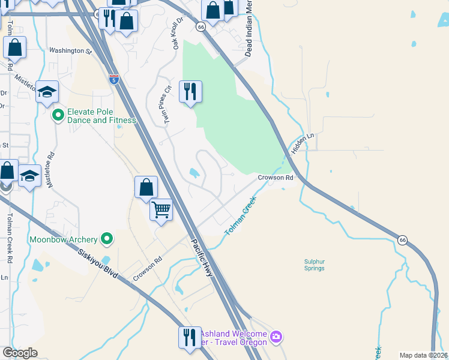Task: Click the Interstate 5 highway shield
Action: click(114, 79)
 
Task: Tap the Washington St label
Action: click(70, 51)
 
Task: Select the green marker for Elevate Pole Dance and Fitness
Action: click(58, 115)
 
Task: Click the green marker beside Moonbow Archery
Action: click(107, 239)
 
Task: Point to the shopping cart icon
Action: click(161, 210)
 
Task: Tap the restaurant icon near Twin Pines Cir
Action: click(190, 92)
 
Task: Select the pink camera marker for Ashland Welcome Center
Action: click(276, 335)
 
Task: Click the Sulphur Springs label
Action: click(314, 265)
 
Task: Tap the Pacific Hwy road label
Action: click(202, 259)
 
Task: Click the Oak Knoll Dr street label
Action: click(176, 37)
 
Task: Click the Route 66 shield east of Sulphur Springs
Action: click(402, 240)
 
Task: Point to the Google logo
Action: click(20, 353)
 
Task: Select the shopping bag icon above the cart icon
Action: click(146, 187)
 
